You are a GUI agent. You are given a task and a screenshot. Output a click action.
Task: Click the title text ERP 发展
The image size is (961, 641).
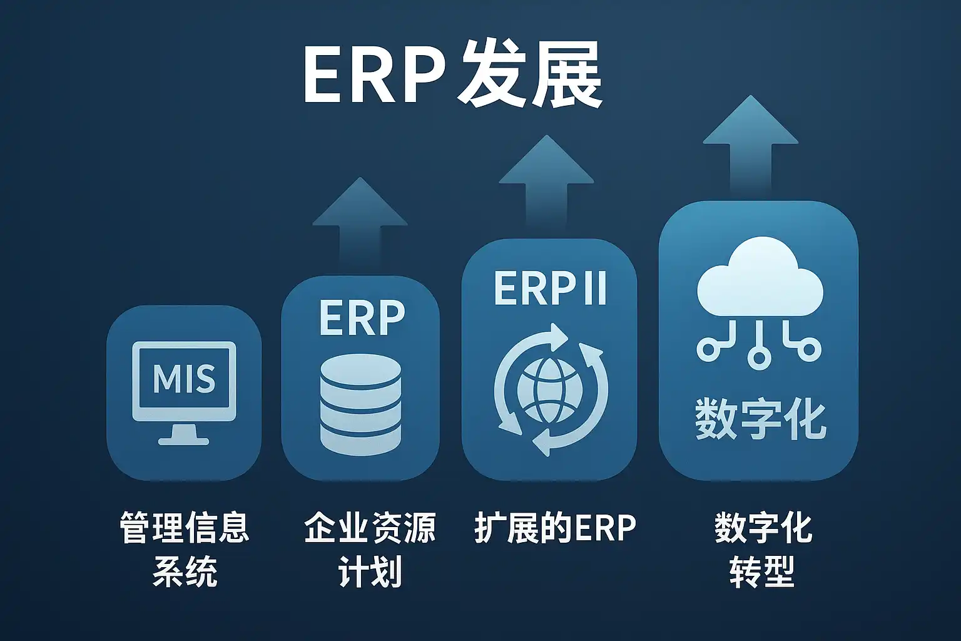(x=452, y=76)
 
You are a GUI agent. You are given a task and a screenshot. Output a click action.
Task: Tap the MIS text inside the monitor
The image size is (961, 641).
(x=184, y=378)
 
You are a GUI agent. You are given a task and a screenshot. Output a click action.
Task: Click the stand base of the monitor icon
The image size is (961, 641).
(x=183, y=441)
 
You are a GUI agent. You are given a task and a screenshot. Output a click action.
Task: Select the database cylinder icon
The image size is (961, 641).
(x=361, y=404)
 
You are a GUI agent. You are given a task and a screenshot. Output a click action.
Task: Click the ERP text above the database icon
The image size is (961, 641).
(x=362, y=318)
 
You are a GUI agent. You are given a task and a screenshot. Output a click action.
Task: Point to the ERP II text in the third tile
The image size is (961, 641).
(x=550, y=288)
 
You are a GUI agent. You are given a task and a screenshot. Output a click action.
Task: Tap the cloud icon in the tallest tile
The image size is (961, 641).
(x=760, y=277)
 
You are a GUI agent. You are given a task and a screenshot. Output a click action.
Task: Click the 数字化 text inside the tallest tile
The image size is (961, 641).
(x=760, y=419)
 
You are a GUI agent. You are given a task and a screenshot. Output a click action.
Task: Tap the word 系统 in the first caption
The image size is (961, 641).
(x=185, y=572)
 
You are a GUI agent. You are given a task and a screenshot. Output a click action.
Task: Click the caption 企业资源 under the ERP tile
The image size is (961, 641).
(x=370, y=527)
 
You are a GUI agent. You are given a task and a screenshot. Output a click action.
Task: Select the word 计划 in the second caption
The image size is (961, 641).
(x=370, y=572)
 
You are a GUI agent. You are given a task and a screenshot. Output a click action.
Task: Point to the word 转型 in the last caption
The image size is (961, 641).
(x=763, y=572)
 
